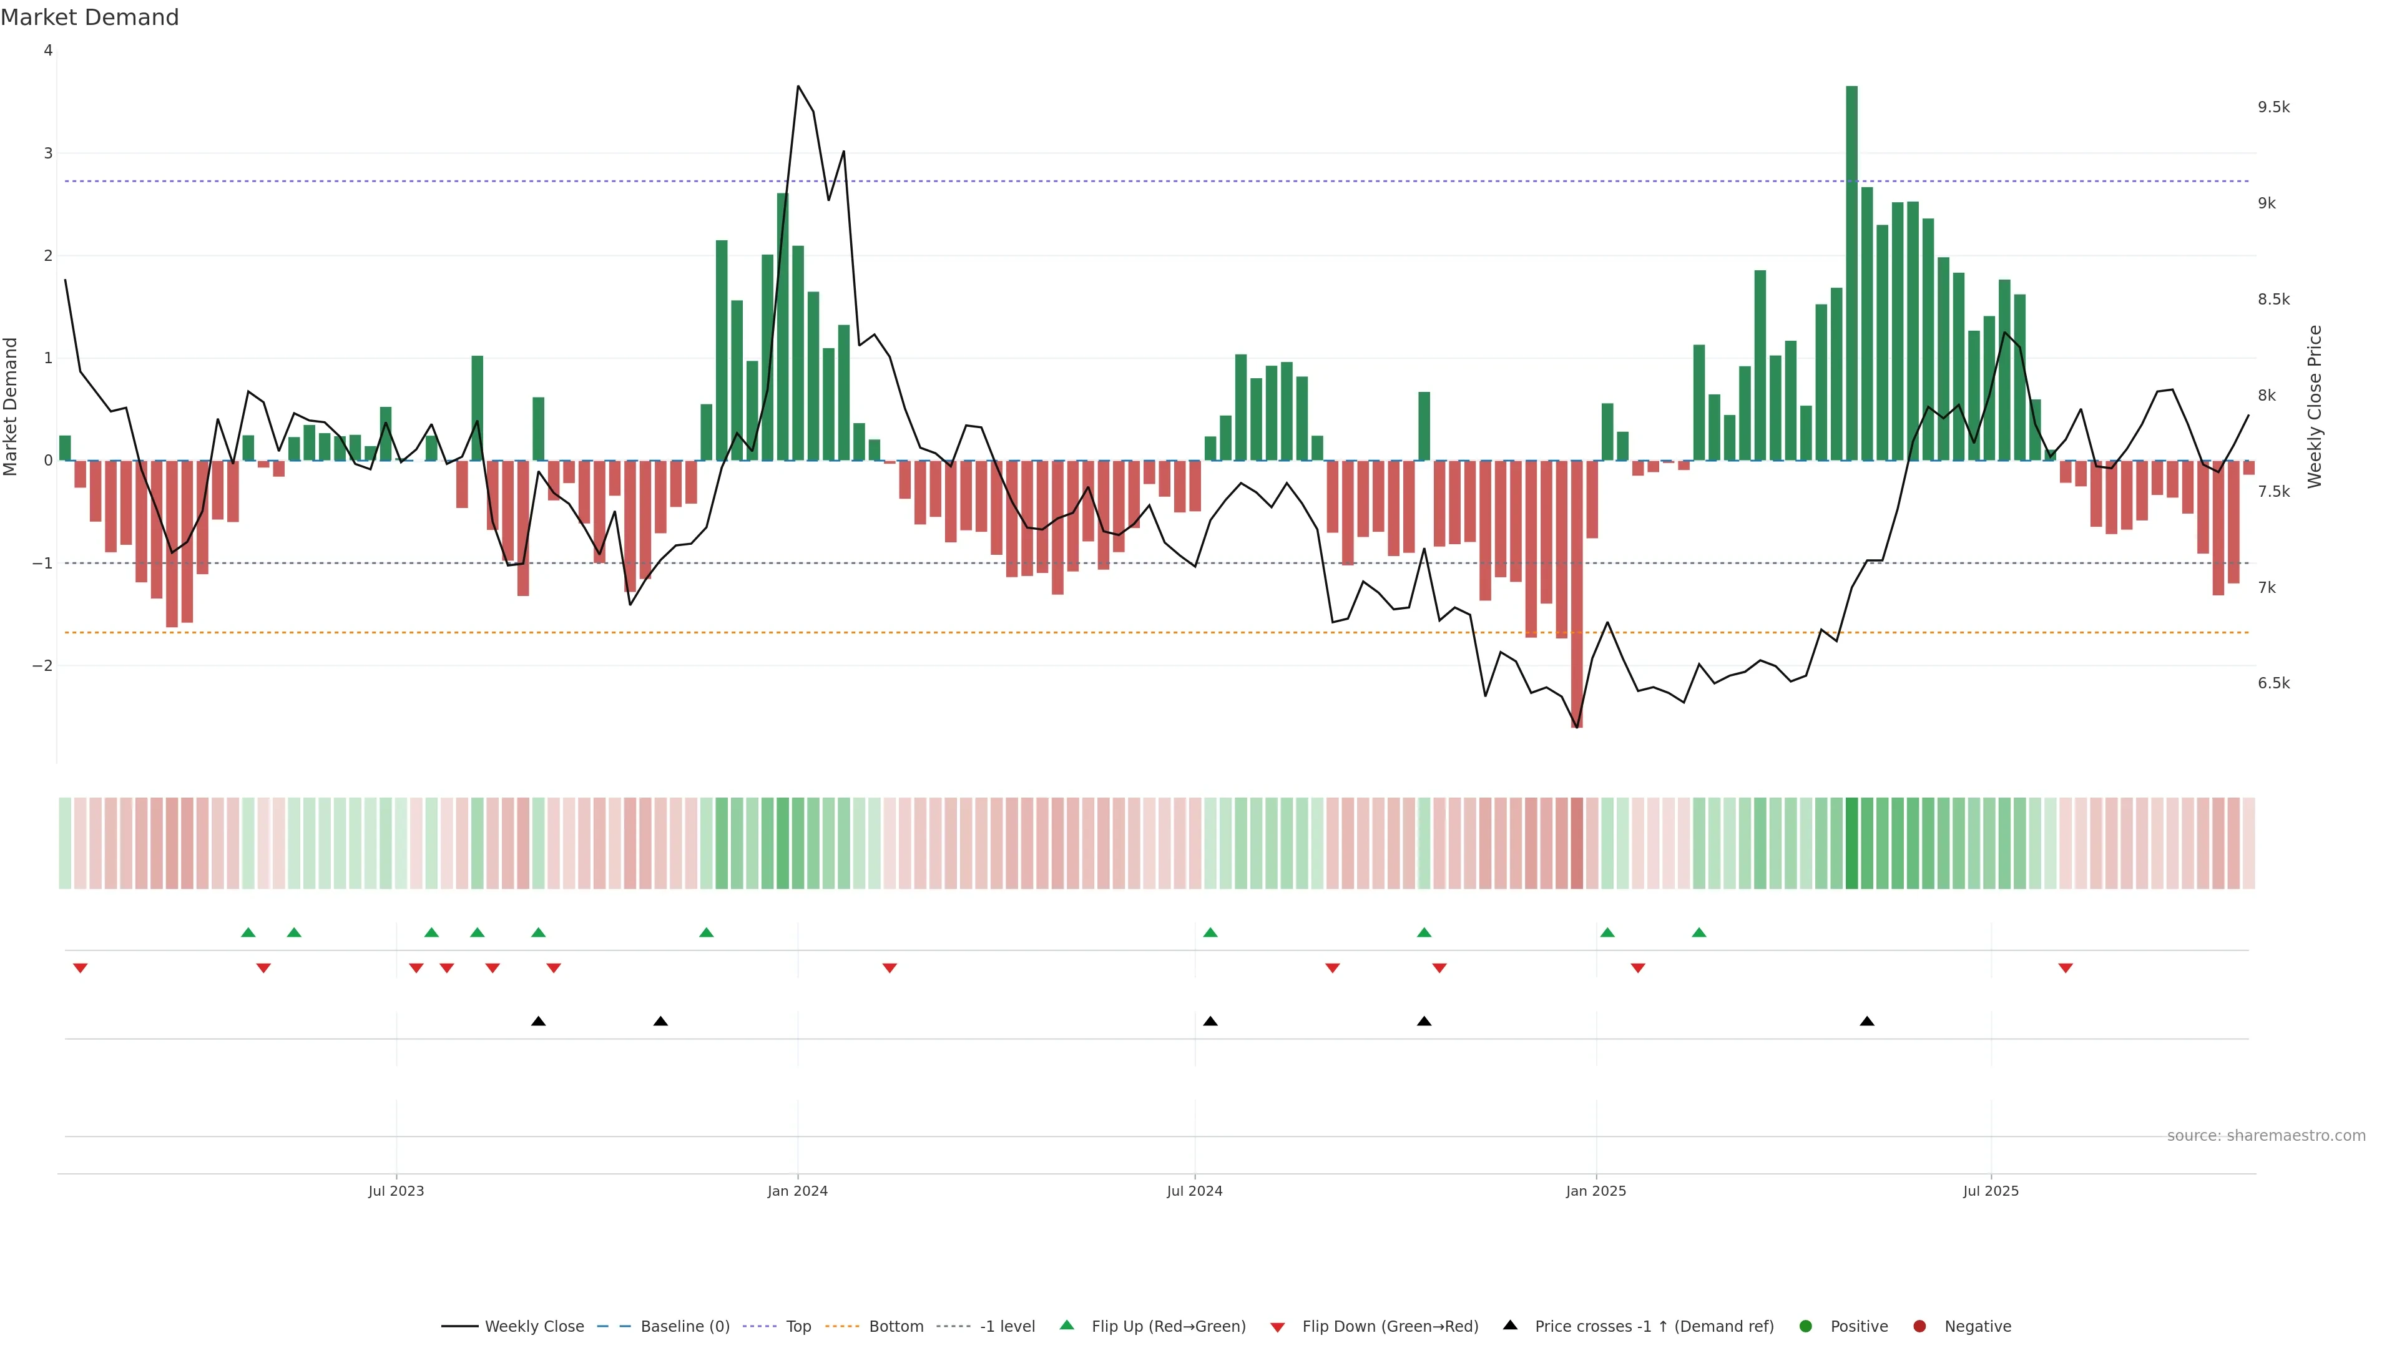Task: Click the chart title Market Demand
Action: coord(89,17)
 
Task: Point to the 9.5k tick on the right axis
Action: coord(2273,107)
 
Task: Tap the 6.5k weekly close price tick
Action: coord(2273,683)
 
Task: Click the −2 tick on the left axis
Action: coord(42,665)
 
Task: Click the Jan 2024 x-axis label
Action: coord(798,1191)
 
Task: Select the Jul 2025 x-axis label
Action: coord(1991,1191)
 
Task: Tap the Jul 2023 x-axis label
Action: coord(396,1191)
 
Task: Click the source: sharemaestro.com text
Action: coord(2266,1136)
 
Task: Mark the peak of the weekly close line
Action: coord(798,87)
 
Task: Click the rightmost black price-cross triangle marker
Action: coord(1866,1022)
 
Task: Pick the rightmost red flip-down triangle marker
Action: coord(2066,969)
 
